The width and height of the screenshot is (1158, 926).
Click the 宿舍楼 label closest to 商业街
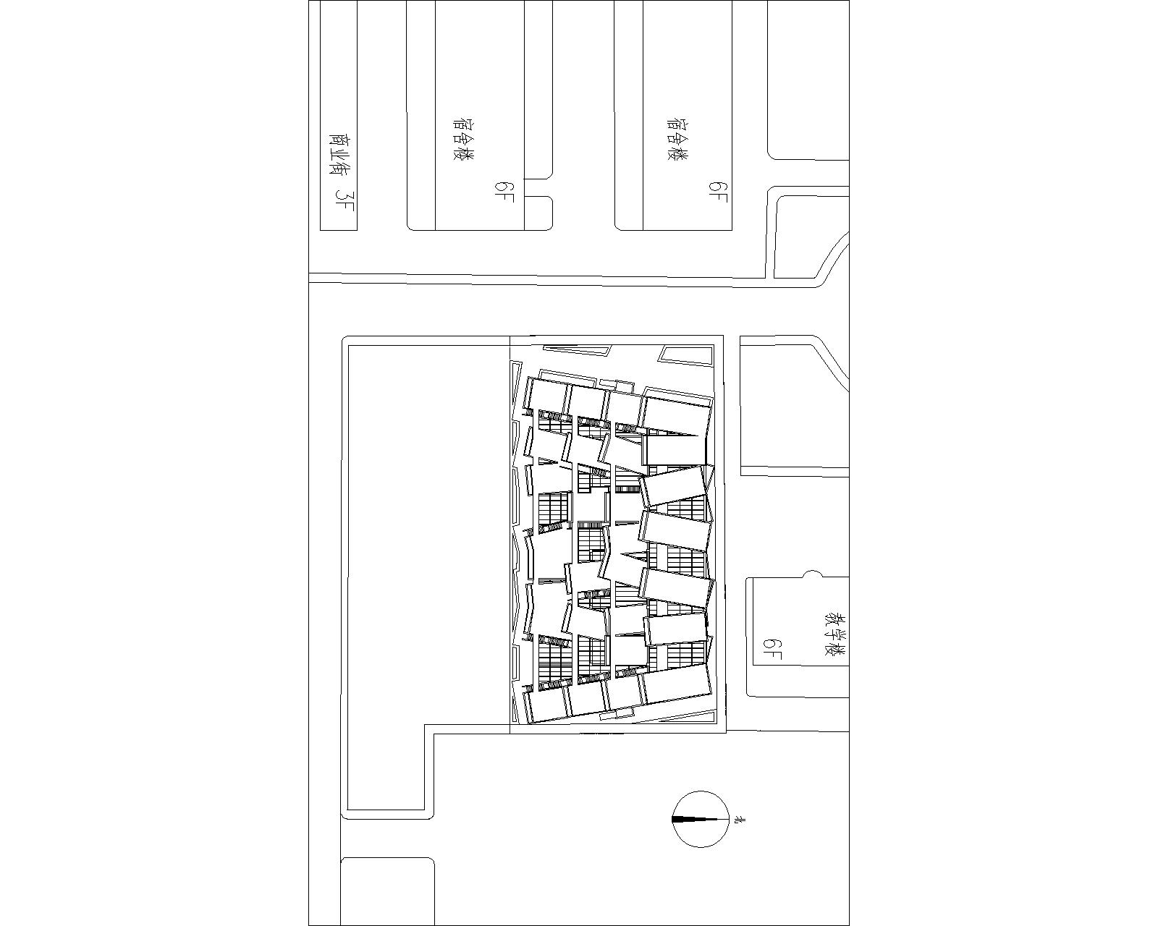tap(463, 140)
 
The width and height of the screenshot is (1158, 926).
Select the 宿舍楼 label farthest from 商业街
tap(677, 140)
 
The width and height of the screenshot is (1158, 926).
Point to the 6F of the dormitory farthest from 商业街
tap(718, 192)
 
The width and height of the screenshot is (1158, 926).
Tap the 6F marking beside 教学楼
tap(772, 650)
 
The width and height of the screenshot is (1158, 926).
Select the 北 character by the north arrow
tap(740, 820)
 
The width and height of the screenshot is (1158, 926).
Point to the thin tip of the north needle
tap(719, 820)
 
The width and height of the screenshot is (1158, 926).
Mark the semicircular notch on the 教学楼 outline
tap(813, 574)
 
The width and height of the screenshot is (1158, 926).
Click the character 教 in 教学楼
tap(837, 618)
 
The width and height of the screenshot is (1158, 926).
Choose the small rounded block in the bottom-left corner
tap(387, 890)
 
